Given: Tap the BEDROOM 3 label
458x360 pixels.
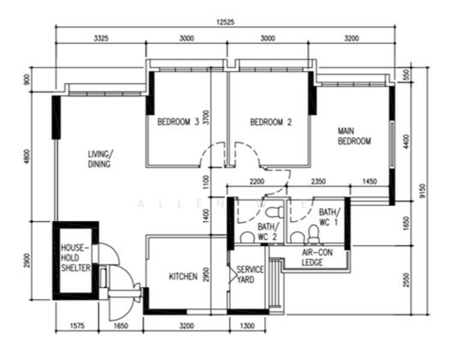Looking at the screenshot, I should pyautogui.click(x=178, y=122).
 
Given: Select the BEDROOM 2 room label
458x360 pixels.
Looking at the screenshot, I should pyautogui.click(x=271, y=122).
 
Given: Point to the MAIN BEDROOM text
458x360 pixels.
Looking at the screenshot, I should pyautogui.click(x=354, y=136).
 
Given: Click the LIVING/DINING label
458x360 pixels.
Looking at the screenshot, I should pyautogui.click(x=100, y=159).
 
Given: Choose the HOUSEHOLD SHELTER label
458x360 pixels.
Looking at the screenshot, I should pyautogui.click(x=75, y=257).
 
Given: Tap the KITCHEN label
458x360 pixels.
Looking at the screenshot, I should pyautogui.click(x=183, y=277).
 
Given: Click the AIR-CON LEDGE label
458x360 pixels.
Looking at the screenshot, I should pyautogui.click(x=312, y=258).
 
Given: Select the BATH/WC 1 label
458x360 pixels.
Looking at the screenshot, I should pyautogui.click(x=329, y=217).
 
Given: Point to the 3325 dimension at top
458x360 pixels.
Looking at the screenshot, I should pyautogui.click(x=101, y=38).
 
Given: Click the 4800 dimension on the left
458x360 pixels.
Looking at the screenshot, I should pyautogui.click(x=26, y=158).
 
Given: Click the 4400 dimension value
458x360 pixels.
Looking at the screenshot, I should pyautogui.click(x=406, y=142).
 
